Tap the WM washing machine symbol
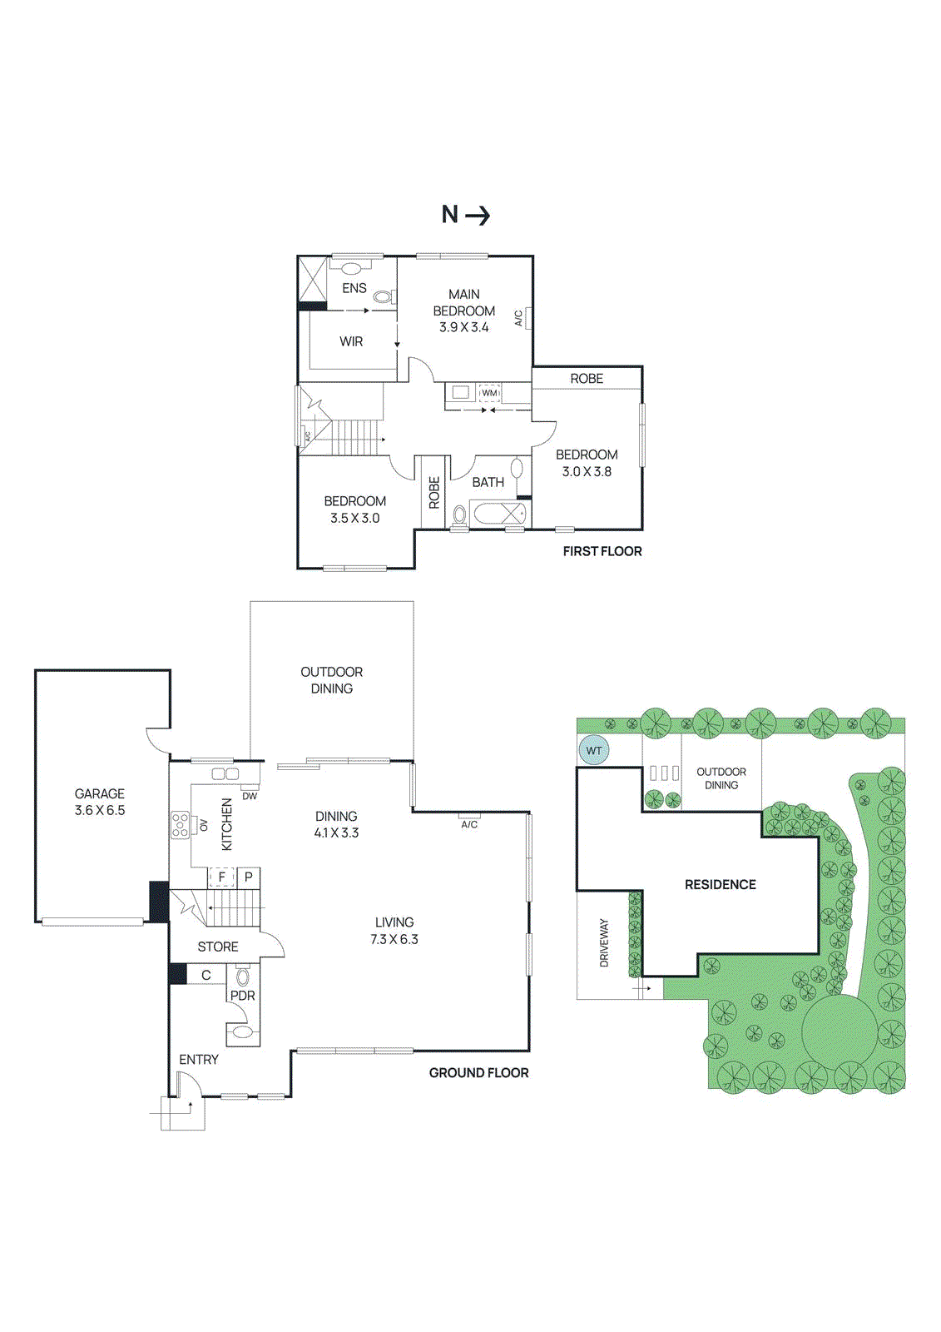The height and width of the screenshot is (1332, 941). [x=489, y=393]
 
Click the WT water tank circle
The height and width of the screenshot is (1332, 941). [x=594, y=750]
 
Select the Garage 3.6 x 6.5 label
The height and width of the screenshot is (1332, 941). [x=100, y=802]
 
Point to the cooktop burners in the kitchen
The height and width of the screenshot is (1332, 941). [x=181, y=825]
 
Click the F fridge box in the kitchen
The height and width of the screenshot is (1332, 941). [x=222, y=877]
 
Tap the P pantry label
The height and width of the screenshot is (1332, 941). [x=249, y=877]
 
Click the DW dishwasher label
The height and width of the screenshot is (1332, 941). [x=250, y=796]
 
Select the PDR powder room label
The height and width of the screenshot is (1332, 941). [x=243, y=996]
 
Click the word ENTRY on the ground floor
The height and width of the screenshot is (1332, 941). [x=199, y=1059]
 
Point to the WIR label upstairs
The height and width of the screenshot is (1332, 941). [x=351, y=341]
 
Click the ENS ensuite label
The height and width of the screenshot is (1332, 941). [x=354, y=288]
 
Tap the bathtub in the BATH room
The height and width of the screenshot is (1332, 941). [x=498, y=514]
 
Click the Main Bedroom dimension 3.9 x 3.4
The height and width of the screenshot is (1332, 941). [x=464, y=327]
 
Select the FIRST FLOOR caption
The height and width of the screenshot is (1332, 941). [x=602, y=551]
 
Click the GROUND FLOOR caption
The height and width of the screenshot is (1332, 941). [x=478, y=1072]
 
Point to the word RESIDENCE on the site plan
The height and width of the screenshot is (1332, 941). [x=721, y=884]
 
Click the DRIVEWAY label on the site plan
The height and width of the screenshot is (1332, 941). [x=604, y=942]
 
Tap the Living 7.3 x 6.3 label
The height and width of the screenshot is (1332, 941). [x=394, y=931]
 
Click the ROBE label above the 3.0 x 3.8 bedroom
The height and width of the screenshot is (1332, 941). [x=587, y=378]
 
